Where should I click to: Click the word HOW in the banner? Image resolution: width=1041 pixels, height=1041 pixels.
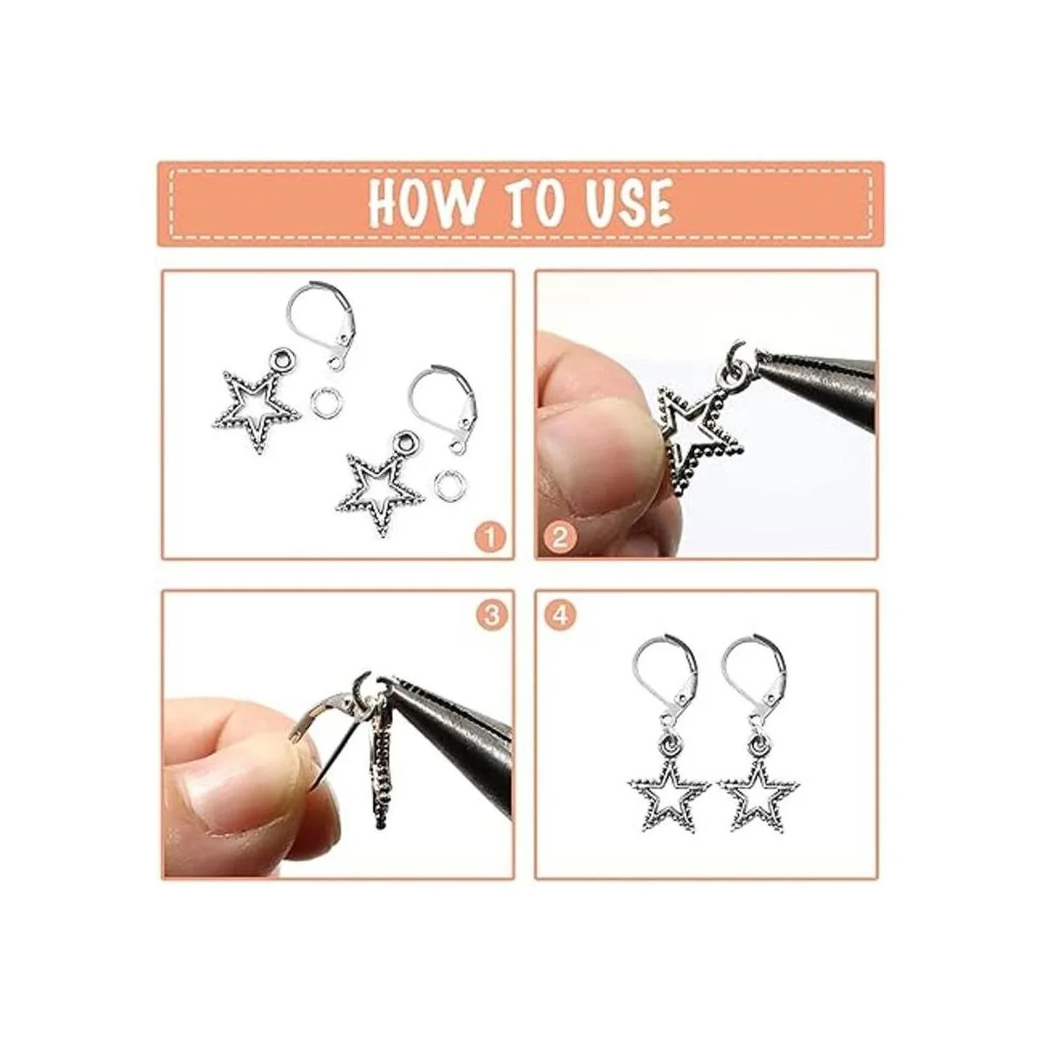pyautogui.click(x=424, y=204)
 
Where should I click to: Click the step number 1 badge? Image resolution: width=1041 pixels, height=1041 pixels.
pyautogui.click(x=489, y=538)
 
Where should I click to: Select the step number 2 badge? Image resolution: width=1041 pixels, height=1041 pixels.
pyautogui.click(x=560, y=538)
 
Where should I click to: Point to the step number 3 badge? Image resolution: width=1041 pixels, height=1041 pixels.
pyautogui.click(x=491, y=615)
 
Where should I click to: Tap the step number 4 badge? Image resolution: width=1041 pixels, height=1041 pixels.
pyautogui.click(x=561, y=615)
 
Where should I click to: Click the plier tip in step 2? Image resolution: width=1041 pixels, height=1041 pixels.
pyautogui.click(x=761, y=357)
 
